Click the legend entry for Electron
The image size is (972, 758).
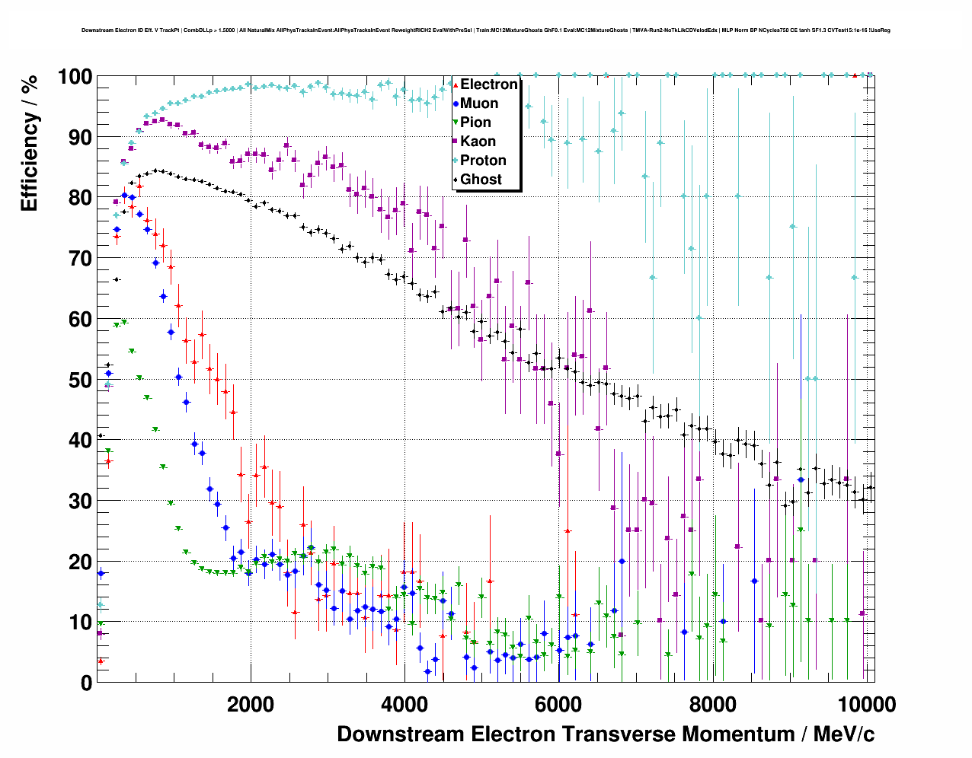point(488,84)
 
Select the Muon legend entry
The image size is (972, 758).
point(479,104)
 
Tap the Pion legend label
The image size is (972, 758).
point(475,123)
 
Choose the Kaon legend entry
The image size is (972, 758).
point(478,142)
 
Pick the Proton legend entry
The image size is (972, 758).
point(483,161)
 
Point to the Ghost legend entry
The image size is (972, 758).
point(481,180)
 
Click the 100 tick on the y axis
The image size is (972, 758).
point(75,77)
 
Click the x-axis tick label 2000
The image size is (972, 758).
point(251,705)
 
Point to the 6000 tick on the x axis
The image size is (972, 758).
point(558,705)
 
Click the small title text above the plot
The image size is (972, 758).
point(486,30)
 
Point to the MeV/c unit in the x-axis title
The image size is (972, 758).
point(844,734)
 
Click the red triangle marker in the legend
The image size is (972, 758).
point(456,84)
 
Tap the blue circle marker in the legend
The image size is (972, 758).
point(456,104)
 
